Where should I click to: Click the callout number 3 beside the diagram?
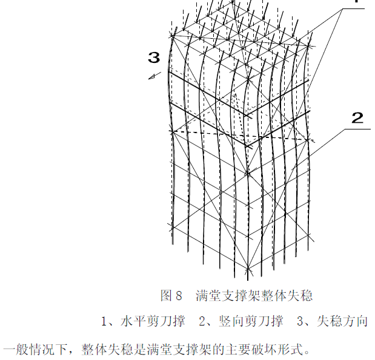(x=154, y=58)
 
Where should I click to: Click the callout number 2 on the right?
(x=357, y=118)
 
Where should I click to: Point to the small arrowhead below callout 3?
(x=154, y=76)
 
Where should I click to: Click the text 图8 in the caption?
(x=171, y=296)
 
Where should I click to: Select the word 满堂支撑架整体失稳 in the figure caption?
(x=254, y=296)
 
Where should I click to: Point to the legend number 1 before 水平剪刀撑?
(x=104, y=321)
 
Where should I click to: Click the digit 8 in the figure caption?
(x=179, y=296)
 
